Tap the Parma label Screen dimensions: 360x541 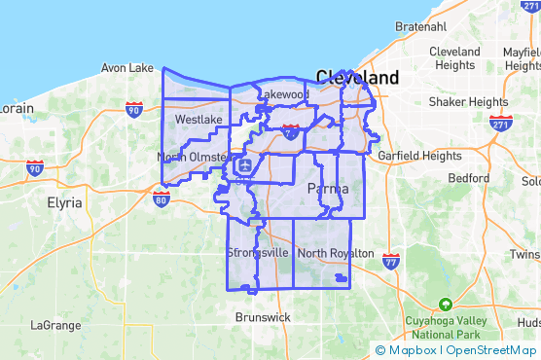click(x=327, y=188)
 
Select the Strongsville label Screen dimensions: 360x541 click(x=258, y=253)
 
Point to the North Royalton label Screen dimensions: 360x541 click(x=336, y=253)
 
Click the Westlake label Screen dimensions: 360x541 click(x=198, y=120)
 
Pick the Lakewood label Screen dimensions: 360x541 click(x=284, y=94)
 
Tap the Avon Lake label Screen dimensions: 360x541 click(x=127, y=68)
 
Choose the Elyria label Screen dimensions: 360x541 click(x=66, y=204)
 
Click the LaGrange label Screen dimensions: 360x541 click(x=55, y=325)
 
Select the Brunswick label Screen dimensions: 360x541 click(x=263, y=317)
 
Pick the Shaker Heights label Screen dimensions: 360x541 click(x=468, y=101)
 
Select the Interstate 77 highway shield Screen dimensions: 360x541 click(x=391, y=261)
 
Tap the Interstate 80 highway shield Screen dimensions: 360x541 click(x=162, y=198)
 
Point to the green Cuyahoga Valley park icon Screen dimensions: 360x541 click(x=445, y=304)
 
